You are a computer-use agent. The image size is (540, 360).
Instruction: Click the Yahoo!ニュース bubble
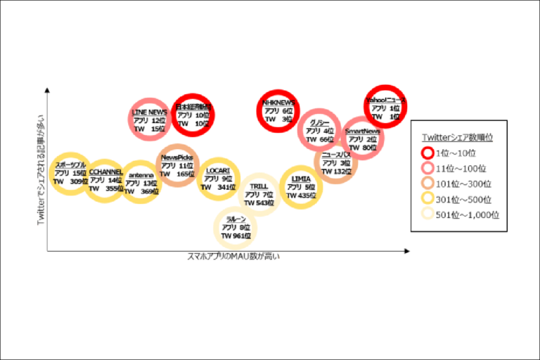pyautogui.click(x=386, y=106)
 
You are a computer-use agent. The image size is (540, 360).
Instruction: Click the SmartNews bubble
pyautogui.click(x=363, y=139)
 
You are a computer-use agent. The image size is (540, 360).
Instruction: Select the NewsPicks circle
pyautogui.click(x=176, y=166)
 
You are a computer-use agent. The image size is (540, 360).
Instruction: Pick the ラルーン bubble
pyautogui.click(x=236, y=228)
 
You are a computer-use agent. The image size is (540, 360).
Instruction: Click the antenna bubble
pyautogui.click(x=141, y=182)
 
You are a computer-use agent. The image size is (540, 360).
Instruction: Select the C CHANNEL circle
pyautogui.click(x=105, y=180)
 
